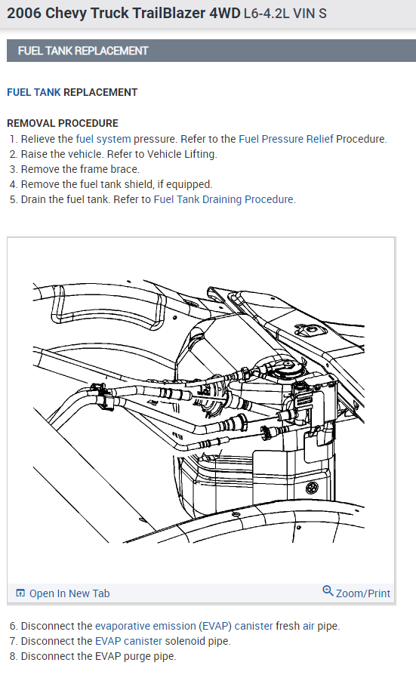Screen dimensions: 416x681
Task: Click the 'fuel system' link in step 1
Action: coord(103,139)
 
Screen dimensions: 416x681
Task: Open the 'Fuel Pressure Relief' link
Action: coord(286,139)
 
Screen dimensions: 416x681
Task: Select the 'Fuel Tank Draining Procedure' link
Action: coord(223,199)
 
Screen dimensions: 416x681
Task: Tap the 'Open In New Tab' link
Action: coord(69,593)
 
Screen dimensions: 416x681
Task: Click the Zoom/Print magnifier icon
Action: coord(328,591)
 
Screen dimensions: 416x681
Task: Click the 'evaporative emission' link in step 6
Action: coord(146,626)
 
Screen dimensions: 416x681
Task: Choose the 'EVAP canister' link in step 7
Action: coord(128,641)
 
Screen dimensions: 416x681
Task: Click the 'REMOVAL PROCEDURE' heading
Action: coord(63,123)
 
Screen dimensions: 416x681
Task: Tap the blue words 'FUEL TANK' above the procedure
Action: coord(34,93)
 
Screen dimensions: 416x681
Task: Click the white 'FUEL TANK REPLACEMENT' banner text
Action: coord(83,51)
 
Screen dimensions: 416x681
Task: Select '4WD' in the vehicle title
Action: coord(225,13)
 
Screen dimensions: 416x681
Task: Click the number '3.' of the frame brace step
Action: coord(14,169)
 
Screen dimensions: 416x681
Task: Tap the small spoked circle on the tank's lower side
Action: coord(312,487)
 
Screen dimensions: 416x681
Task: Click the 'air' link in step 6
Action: coord(309,626)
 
